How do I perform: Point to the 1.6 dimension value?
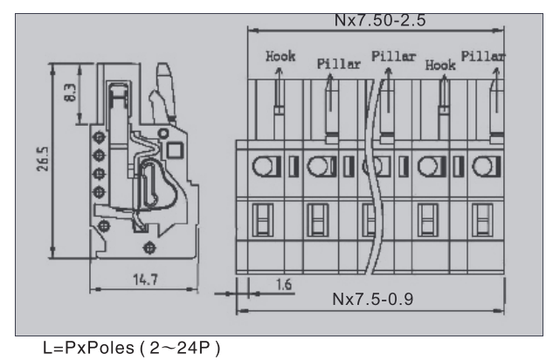(283, 285)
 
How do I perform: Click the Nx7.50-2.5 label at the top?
(376, 17)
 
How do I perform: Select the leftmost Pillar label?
(325, 63)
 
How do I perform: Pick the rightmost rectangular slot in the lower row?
(480, 218)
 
